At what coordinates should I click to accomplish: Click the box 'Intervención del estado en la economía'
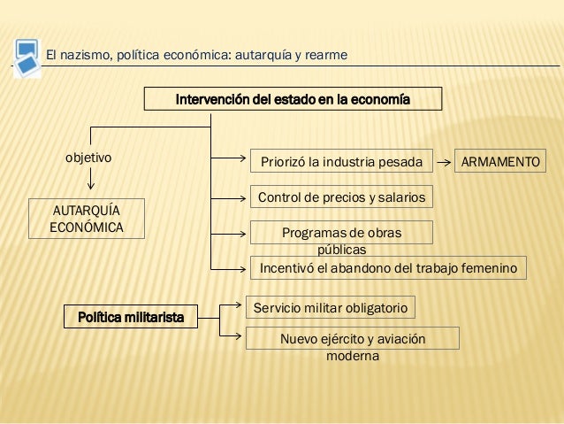coord(293,98)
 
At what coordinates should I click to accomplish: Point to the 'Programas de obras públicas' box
coord(342,233)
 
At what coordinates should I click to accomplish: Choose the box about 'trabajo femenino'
coord(389,267)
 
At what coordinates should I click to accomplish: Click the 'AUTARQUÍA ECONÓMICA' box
coord(88,218)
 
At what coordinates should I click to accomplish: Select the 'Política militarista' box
coord(131,317)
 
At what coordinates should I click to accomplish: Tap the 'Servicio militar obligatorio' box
coord(330,308)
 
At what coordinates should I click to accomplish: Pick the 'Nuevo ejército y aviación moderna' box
coord(352,339)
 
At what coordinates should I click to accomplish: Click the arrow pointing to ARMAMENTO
coord(444,163)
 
